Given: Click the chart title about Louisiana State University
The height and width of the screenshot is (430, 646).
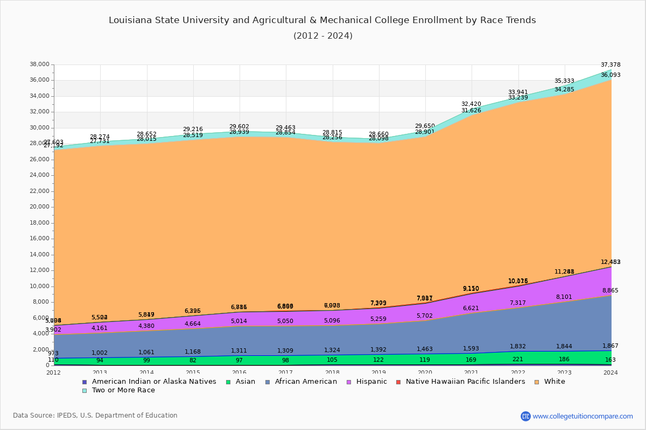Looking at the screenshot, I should click(322, 20).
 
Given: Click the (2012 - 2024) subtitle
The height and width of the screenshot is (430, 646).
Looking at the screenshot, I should click(322, 36).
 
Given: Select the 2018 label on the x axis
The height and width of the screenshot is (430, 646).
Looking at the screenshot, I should click(333, 372).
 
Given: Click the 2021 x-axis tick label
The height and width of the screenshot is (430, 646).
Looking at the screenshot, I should click(472, 372).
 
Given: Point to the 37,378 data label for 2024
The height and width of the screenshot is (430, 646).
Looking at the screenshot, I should click(610, 64).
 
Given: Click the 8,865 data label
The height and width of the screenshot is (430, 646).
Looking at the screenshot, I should click(610, 290).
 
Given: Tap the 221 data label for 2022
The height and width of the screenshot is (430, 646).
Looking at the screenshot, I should click(518, 360).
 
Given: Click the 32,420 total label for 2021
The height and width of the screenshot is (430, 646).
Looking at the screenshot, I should click(472, 104).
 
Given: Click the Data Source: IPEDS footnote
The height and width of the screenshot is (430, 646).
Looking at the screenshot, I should click(95, 415).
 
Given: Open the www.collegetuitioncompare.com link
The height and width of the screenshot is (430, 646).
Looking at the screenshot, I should click(582, 416).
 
